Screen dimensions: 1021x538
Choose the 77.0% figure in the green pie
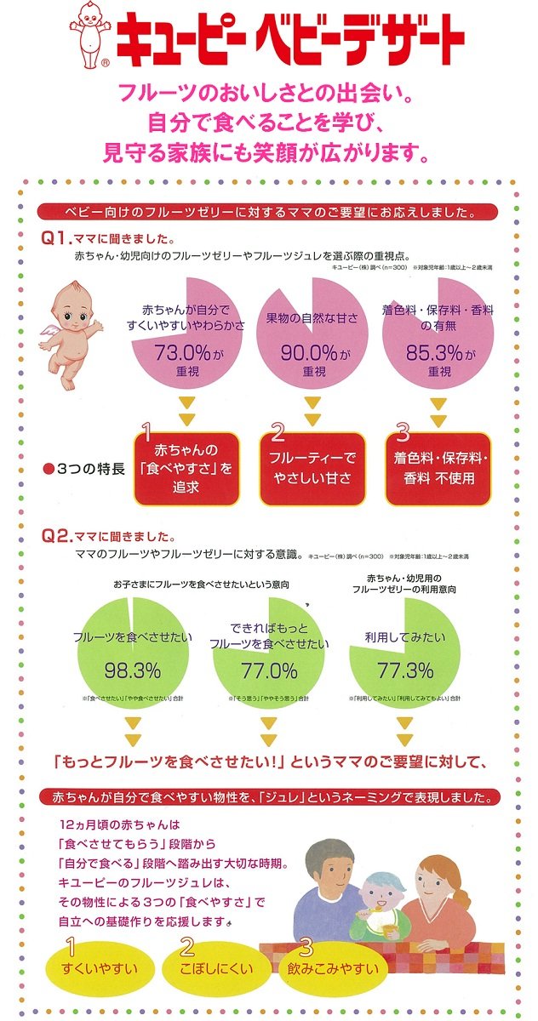tap(269, 670)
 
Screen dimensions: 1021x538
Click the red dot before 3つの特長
tap(50, 468)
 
